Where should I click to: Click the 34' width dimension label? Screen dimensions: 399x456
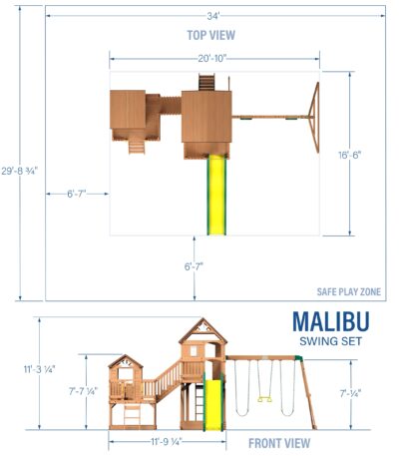pyautogui.click(x=212, y=16)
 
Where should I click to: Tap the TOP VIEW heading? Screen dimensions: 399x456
pyautogui.click(x=211, y=35)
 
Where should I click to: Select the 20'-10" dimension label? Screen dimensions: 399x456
pyautogui.click(x=212, y=58)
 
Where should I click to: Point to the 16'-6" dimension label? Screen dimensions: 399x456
pyautogui.click(x=350, y=155)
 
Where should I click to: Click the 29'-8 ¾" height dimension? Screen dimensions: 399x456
pyautogui.click(x=20, y=172)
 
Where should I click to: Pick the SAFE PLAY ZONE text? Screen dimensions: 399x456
pyautogui.click(x=349, y=291)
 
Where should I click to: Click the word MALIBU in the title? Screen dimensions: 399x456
pyautogui.click(x=331, y=321)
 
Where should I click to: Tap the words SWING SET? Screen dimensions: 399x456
pyautogui.click(x=331, y=341)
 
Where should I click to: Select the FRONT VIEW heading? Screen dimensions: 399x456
pyautogui.click(x=279, y=443)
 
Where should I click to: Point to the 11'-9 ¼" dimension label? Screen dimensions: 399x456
pyautogui.click(x=167, y=442)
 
